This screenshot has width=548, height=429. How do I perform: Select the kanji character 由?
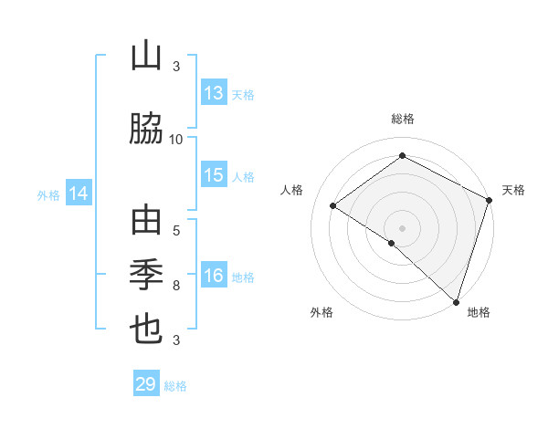click(146, 222)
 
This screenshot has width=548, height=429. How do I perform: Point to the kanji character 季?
click(146, 274)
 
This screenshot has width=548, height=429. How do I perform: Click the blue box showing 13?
click(214, 93)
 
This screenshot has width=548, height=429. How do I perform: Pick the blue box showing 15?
click(214, 175)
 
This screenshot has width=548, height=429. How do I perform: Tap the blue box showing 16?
click(214, 277)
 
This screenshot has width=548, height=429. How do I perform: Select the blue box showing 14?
click(78, 194)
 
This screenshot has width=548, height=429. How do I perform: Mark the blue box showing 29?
click(146, 384)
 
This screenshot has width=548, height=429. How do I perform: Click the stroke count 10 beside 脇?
click(176, 139)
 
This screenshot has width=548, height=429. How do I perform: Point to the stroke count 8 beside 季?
click(176, 286)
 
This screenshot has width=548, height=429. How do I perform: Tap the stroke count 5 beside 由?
click(176, 230)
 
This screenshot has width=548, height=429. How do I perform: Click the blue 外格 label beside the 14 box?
click(48, 194)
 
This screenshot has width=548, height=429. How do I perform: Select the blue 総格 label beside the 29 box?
click(175, 386)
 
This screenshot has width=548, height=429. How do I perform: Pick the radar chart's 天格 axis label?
click(513, 190)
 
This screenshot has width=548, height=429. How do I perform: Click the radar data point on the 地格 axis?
click(455, 300)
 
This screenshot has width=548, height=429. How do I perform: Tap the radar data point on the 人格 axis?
click(333, 205)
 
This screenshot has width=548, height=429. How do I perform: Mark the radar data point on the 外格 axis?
click(391, 243)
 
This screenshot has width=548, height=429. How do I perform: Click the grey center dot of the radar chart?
click(402, 227)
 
